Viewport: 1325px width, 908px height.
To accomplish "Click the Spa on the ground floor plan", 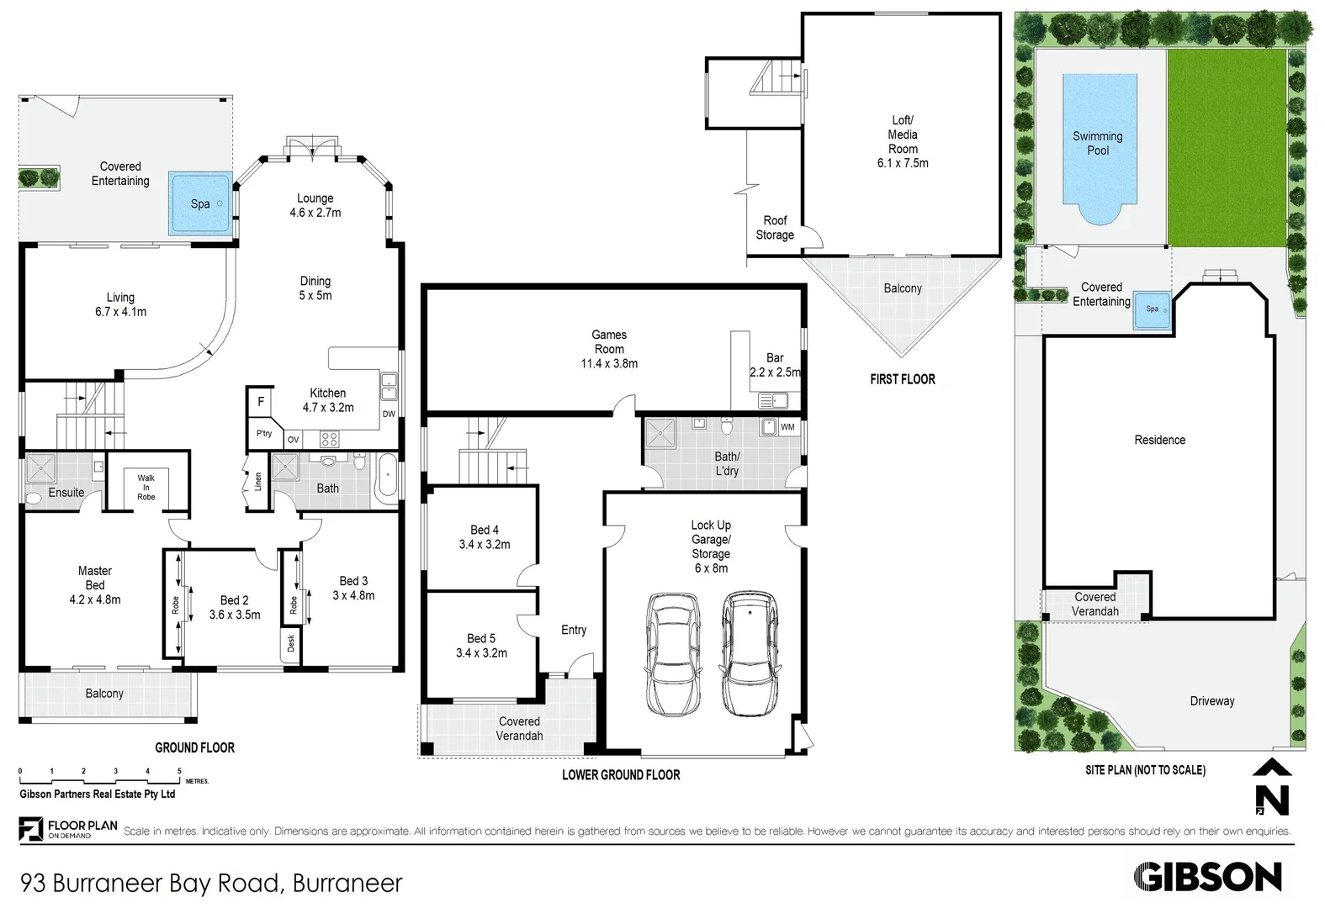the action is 200,203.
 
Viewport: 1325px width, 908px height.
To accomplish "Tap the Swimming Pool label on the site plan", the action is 1098,143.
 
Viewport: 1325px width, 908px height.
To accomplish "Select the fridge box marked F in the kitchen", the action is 260,402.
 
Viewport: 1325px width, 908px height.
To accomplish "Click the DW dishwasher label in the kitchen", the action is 389,414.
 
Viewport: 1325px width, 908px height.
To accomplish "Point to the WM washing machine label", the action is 787,427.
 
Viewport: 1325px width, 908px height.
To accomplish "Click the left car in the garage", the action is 672,654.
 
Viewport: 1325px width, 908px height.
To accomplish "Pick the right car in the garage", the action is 750,652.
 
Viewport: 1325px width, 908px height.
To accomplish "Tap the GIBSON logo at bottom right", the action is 1207,877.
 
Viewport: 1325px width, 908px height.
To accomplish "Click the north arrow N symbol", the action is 1272,787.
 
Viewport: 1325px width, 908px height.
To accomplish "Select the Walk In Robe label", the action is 146,487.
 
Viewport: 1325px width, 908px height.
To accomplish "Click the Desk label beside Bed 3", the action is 291,643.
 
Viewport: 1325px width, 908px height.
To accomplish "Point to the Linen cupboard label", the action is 258,482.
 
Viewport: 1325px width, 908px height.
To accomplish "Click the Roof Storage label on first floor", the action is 775,228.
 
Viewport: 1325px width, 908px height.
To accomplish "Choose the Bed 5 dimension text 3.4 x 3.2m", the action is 481,653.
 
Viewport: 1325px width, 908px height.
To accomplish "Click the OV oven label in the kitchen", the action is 294,440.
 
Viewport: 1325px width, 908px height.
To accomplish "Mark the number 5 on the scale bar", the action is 179,771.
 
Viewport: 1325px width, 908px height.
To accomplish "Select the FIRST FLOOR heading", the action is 903,379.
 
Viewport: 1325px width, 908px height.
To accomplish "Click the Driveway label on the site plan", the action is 1212,701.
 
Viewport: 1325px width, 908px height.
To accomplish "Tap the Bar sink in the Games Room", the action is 773,401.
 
